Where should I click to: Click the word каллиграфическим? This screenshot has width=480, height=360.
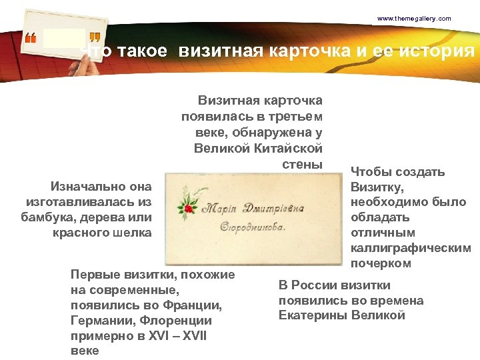pyautogui.click(x=411, y=248)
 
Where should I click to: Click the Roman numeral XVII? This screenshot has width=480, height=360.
pyautogui.click(x=191, y=336)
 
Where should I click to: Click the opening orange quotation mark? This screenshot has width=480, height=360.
pyautogui.click(x=30, y=39)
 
